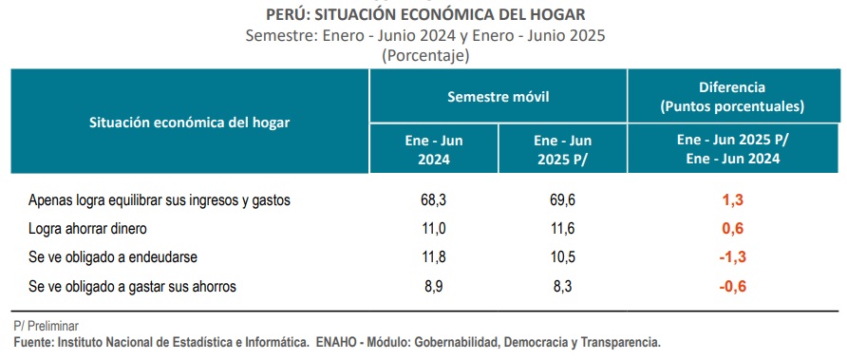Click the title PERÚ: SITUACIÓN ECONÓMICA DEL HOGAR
tap(425, 14)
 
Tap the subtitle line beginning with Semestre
tap(425, 36)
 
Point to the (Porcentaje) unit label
tap(425, 56)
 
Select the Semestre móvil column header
tap(499, 97)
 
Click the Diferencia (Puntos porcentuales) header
tap(732, 97)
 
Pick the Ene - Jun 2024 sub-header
tap(434, 150)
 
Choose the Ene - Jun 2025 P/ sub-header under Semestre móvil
tap(562, 150)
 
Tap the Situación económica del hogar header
tap(189, 123)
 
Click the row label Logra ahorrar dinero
tap(87, 229)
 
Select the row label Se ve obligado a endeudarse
tap(113, 257)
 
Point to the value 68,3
tap(434, 200)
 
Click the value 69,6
tap(562, 200)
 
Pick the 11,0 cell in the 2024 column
tap(434, 229)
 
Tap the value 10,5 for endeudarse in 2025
tap(562, 257)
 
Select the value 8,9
tap(434, 287)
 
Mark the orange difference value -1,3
tap(732, 257)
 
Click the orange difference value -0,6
tap(732, 287)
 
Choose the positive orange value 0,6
tap(733, 229)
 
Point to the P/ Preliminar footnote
tap(47, 326)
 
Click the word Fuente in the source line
tap(33, 342)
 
